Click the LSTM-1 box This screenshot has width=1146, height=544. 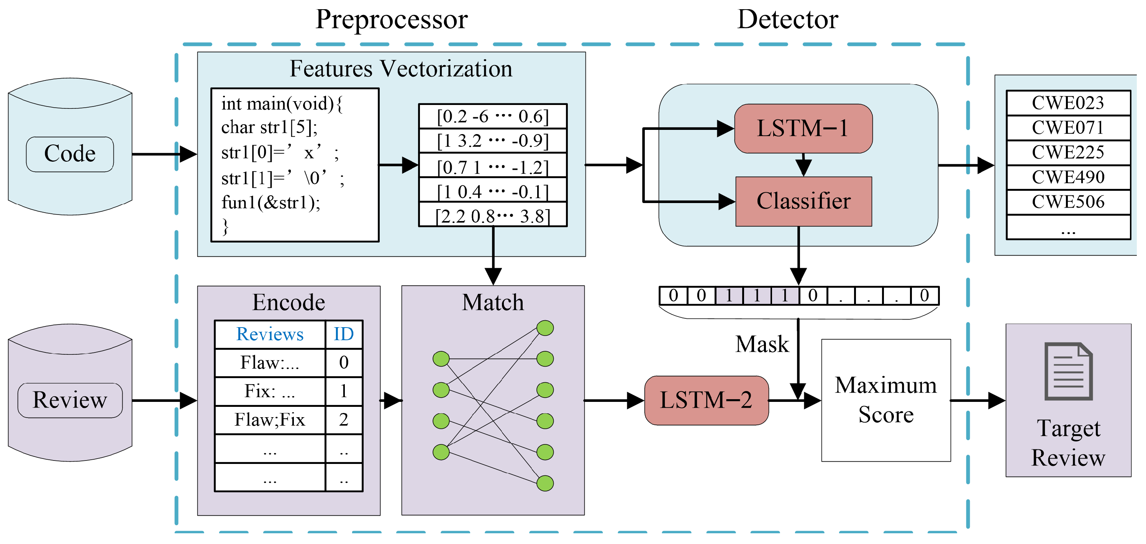pos(803,129)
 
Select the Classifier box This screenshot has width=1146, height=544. pos(803,202)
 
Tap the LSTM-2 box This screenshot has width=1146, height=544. pos(706,400)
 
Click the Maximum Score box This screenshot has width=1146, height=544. pos(886,400)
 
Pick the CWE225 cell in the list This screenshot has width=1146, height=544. pos(1068,152)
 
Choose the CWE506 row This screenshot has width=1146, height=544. pos(1068,202)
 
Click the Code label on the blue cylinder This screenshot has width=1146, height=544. pos(70,154)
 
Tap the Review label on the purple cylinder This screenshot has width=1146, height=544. pos(70,400)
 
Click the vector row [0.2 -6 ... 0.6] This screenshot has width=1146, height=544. pos(492,116)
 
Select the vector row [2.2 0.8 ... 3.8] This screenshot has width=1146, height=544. pos(492,216)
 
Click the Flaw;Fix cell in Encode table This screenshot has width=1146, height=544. pos(270,419)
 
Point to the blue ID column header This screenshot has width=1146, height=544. pos(343,334)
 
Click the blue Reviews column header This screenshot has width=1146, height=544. pos(270,334)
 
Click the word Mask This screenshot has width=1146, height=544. pos(762,344)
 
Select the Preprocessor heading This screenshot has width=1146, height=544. pos(392,20)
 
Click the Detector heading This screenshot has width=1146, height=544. pos(787,20)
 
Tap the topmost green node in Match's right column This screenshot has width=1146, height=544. pos(545,328)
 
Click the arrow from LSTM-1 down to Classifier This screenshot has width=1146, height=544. pos(803,165)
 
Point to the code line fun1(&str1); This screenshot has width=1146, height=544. pos(271,203)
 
